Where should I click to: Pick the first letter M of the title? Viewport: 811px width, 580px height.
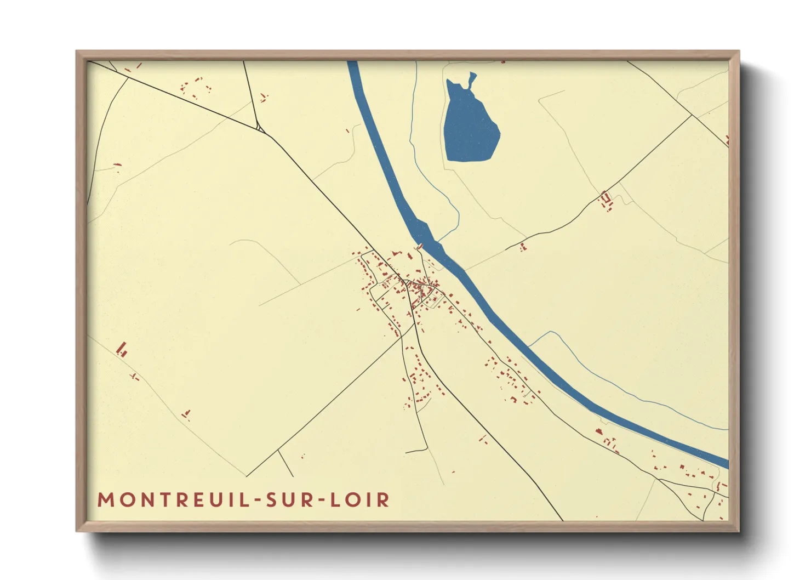105,500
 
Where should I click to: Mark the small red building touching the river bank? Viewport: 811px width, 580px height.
420,246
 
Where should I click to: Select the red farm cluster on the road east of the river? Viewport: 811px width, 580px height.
606,200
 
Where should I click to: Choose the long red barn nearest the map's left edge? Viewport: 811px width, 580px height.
122,348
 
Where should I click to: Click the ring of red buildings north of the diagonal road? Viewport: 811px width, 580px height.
195,88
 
